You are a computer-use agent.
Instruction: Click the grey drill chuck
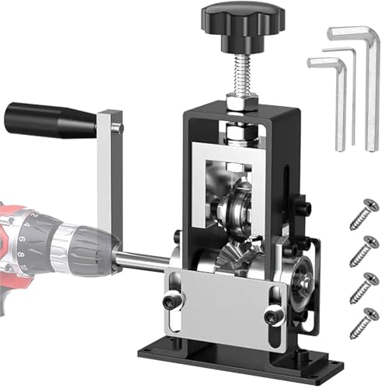78,241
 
